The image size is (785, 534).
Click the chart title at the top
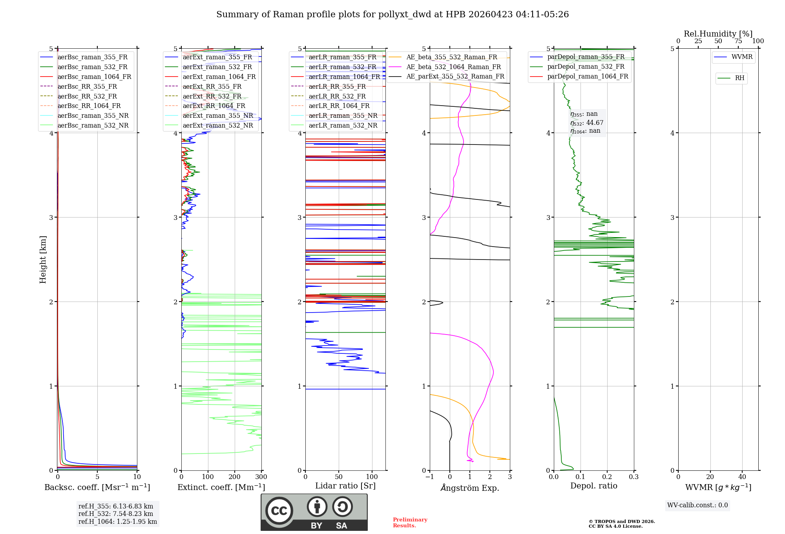coord(392,15)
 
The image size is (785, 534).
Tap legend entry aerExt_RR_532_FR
coord(212,96)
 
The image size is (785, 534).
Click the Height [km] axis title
coord(43,259)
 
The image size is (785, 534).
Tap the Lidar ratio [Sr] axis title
coord(345,486)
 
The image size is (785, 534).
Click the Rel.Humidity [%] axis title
coord(718,34)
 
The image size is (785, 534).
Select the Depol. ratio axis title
coord(593,486)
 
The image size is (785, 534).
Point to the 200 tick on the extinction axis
coord(234,477)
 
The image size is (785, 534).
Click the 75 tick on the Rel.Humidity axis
coord(738,41)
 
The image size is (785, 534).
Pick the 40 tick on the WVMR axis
coord(742,477)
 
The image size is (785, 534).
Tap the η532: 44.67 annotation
coord(587,123)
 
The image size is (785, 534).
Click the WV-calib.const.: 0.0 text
coord(697,505)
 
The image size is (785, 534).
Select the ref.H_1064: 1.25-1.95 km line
coord(118,521)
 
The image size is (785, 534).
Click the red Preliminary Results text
coord(410,522)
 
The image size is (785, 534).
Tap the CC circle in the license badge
coord(279,510)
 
